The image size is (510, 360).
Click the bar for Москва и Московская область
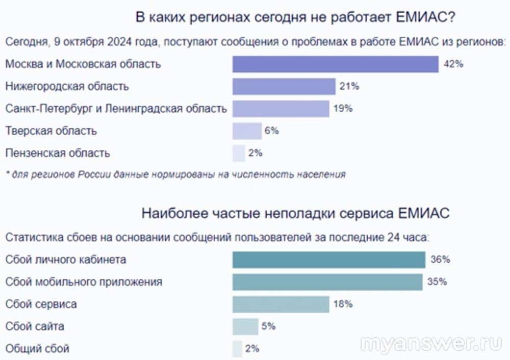(335, 64)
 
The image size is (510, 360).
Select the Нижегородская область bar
(284, 87)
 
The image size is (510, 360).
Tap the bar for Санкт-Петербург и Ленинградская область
(280, 109)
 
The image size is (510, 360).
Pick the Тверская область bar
(247, 131)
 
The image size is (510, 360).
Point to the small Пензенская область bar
(239, 153)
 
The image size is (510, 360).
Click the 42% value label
(453, 64)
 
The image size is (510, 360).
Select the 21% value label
(349, 87)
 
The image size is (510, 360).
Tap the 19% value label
(343, 109)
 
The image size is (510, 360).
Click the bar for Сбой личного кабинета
(328, 260)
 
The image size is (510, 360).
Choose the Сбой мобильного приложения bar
(327, 282)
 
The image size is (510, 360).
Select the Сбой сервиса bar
(280, 304)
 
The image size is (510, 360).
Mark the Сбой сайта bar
(245, 326)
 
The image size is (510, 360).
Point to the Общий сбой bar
(237, 349)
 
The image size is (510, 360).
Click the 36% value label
(440, 260)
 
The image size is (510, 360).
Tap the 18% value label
(343, 304)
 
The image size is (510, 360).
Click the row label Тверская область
(51, 131)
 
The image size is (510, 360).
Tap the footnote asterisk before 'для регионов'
(8, 174)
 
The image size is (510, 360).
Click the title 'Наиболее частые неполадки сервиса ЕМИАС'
(295, 213)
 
